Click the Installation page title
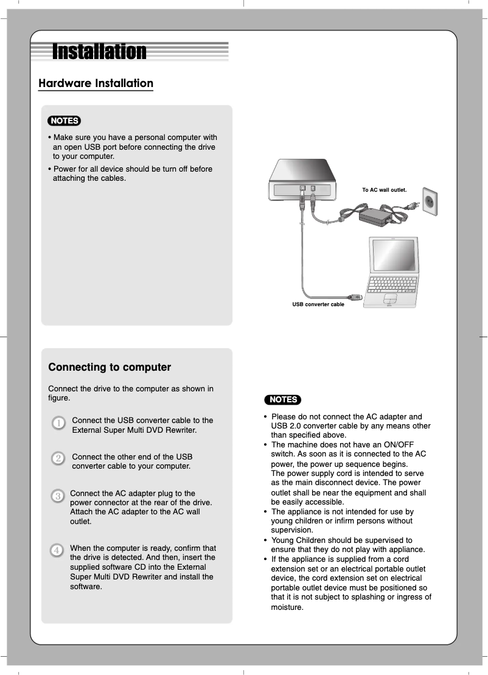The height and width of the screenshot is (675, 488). pyautogui.click(x=99, y=52)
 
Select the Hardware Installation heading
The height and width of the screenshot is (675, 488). pyautogui.click(x=96, y=83)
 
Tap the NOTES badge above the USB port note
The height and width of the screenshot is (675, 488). pyautogui.click(x=64, y=121)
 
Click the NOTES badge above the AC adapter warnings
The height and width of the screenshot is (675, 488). pyautogui.click(x=283, y=399)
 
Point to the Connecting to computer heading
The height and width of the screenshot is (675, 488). pyautogui.click(x=110, y=367)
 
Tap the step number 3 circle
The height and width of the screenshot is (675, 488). pyautogui.click(x=57, y=496)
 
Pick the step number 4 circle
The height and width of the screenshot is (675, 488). pyautogui.click(x=57, y=550)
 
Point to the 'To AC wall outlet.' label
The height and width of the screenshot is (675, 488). pyautogui.click(x=384, y=190)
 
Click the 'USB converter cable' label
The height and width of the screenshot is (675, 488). pyautogui.click(x=318, y=304)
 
